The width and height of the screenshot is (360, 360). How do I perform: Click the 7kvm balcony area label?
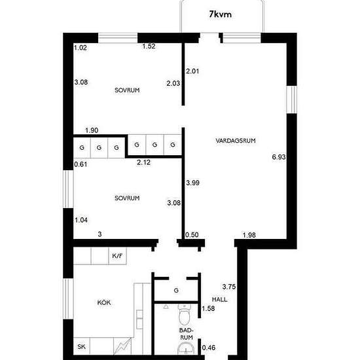tap(220, 14)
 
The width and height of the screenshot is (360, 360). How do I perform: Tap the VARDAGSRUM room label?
tap(236, 141)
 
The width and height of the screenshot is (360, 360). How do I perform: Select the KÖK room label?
tap(104, 302)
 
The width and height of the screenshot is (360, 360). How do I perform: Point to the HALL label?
tap(219, 299)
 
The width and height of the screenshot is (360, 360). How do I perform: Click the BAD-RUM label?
tap(186, 334)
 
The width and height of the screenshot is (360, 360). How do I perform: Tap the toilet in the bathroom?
tap(185, 314)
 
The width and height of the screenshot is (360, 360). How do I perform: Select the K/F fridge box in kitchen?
tap(117, 256)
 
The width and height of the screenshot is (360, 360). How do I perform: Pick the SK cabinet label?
tap(82, 346)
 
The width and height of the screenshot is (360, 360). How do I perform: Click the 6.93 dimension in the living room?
tap(279, 157)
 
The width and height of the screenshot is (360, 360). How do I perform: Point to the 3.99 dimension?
tap(192, 183)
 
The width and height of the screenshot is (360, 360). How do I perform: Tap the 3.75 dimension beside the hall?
tap(229, 287)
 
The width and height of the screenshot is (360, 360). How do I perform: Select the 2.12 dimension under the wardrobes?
tap(144, 162)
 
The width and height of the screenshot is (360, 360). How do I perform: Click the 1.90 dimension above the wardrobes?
tap(92, 130)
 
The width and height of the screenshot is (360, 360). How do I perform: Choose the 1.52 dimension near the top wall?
tap(149, 46)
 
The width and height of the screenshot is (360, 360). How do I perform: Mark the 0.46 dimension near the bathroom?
tap(209, 348)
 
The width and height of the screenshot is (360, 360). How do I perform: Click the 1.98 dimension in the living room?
tap(249, 235)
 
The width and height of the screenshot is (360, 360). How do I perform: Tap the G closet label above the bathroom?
tap(176, 291)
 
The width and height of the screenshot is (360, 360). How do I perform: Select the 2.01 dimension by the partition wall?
tap(192, 71)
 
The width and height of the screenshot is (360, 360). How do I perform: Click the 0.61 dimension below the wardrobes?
tap(81, 164)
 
